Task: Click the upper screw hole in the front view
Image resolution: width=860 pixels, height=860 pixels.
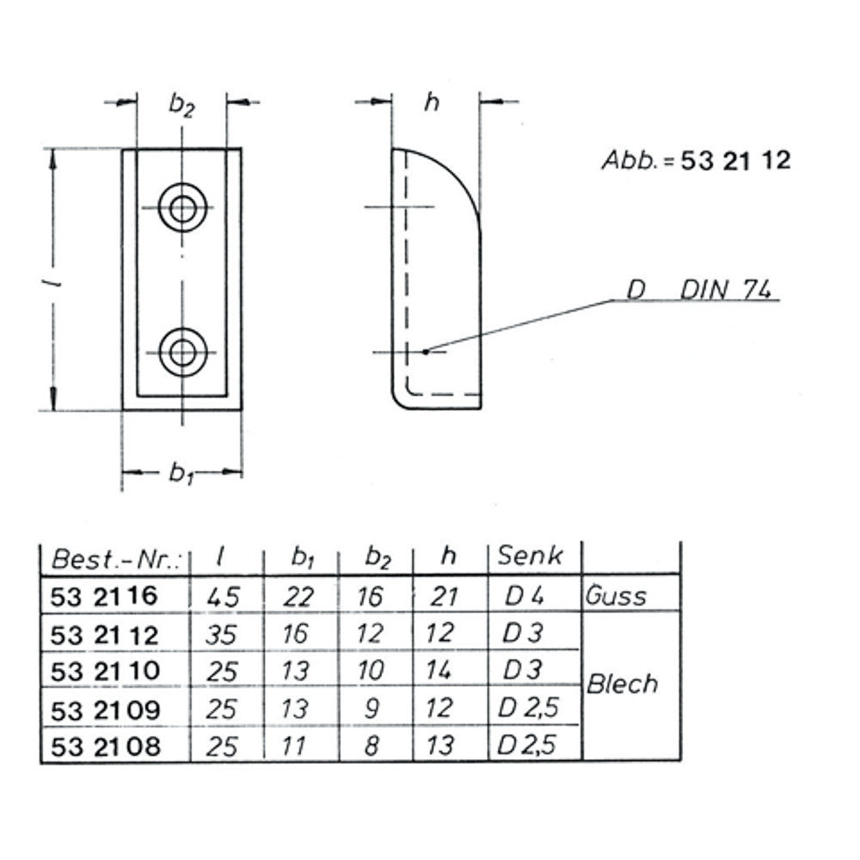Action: [182, 208]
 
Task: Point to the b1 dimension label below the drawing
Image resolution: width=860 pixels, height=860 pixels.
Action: [180, 472]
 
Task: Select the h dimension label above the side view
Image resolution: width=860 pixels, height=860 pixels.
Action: [433, 102]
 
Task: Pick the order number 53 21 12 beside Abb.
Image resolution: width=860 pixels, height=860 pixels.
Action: [735, 161]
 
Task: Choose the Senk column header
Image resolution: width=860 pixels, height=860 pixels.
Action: [531, 556]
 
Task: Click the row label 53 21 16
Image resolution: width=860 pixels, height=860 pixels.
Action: [105, 595]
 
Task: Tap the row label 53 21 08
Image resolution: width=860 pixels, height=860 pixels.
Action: [106, 745]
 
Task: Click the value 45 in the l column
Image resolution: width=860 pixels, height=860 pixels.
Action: [222, 596]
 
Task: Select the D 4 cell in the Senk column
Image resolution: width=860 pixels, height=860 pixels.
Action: [525, 595]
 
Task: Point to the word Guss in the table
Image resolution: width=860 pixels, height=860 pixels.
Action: [616, 595]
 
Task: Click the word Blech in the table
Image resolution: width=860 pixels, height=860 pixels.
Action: [622, 685]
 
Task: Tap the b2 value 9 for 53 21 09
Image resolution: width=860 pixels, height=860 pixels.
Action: [372, 708]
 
